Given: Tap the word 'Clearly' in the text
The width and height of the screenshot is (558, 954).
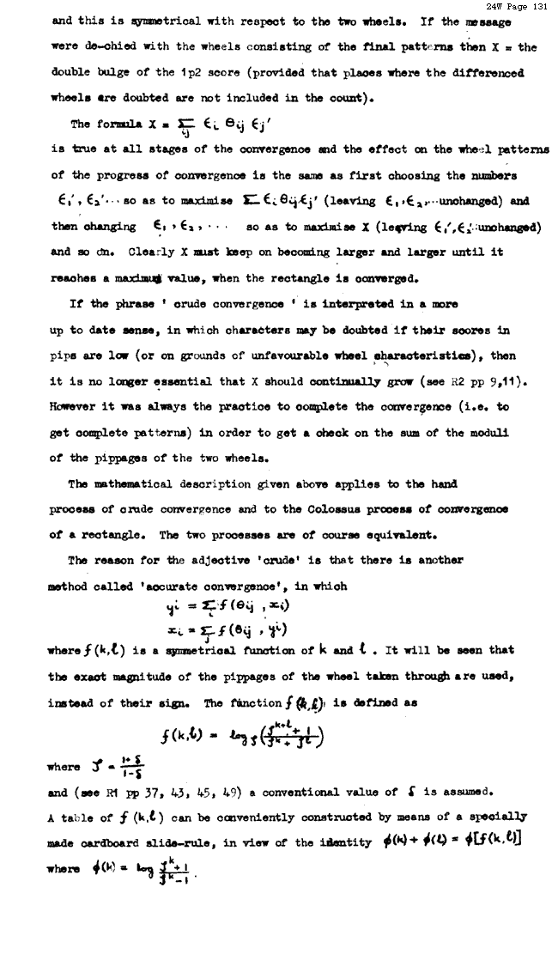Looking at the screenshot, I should [x=129, y=252].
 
